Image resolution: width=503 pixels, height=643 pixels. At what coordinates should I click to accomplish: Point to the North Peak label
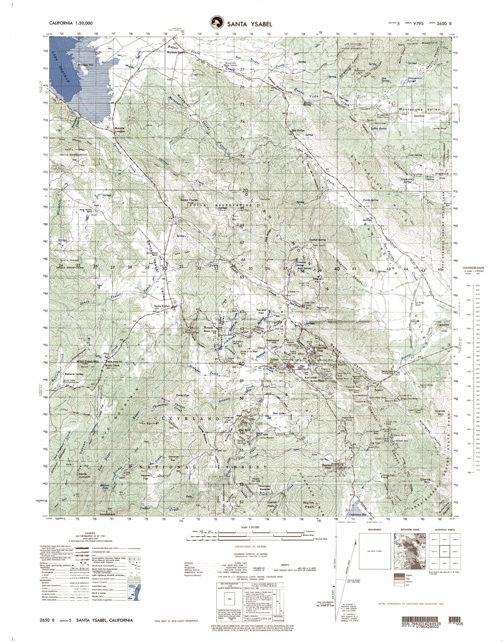[309, 505]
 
